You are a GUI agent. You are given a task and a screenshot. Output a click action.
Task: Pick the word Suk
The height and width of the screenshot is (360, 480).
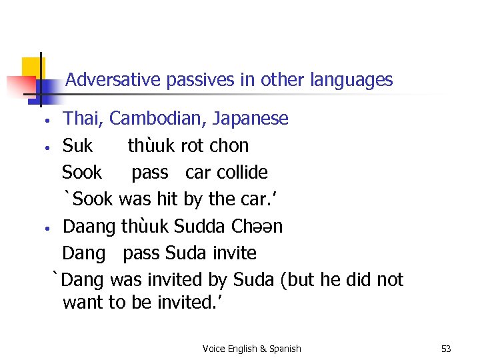click(77, 146)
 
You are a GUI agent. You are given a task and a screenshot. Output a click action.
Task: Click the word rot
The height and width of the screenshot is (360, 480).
click(193, 146)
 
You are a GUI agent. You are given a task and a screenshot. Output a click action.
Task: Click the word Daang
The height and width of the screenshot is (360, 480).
click(89, 227)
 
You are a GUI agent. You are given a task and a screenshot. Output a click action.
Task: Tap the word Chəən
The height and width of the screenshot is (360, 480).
click(257, 227)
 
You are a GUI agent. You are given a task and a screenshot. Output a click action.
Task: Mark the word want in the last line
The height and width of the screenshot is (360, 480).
click(82, 303)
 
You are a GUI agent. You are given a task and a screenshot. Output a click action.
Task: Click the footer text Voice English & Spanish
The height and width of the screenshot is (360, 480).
click(251, 349)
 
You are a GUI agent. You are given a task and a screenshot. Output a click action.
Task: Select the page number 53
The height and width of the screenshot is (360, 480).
click(446, 349)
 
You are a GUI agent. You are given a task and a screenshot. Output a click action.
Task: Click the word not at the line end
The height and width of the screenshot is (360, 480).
click(390, 280)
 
